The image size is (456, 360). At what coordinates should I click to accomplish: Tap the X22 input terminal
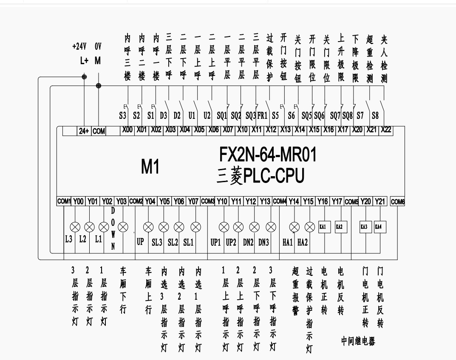click(386, 130)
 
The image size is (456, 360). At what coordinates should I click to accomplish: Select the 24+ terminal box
click(84, 132)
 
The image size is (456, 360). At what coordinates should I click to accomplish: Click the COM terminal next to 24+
click(99, 132)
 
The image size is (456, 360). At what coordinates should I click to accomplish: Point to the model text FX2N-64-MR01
click(268, 155)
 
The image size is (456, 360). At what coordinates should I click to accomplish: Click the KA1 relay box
click(323, 227)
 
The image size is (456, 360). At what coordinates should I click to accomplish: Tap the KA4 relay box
click(379, 227)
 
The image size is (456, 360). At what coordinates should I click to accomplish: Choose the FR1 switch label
click(262, 115)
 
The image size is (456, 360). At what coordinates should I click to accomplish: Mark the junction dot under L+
click(84, 77)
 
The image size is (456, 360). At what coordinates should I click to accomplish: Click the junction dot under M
click(99, 86)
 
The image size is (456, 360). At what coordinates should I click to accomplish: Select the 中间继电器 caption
click(358, 341)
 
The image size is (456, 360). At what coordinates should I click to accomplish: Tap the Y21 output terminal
click(380, 201)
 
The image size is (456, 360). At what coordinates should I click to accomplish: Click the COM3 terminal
click(208, 201)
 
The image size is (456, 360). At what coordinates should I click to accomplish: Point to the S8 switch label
click(375, 115)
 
